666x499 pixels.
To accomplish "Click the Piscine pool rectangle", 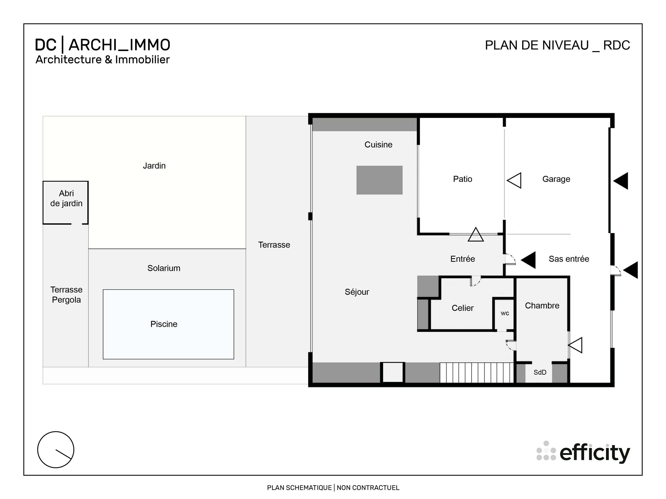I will tap(168, 324).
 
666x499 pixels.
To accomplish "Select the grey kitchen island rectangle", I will tap(379, 180).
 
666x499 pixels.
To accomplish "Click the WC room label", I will tap(505, 313).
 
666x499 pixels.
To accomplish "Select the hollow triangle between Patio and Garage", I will tap(515, 180).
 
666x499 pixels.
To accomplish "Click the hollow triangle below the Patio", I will tap(476, 235).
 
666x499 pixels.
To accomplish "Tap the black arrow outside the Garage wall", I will tap(621, 181).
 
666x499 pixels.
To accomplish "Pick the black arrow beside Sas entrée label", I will tap(529, 260).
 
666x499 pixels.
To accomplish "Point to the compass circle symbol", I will tap(56, 450).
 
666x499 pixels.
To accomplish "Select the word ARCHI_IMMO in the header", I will tap(119, 45).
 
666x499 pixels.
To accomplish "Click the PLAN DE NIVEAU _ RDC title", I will tap(557, 45).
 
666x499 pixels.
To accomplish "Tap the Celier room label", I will tap(462, 308).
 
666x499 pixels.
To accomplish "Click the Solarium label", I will tap(164, 268).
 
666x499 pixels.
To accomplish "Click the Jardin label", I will tap(154, 166).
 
